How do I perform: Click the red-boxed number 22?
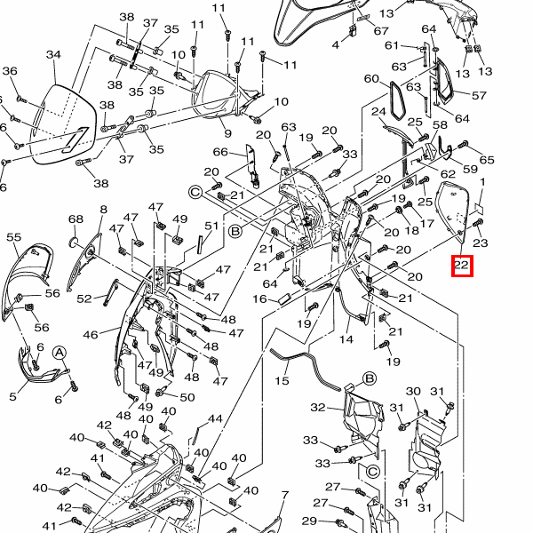pyautogui.click(x=461, y=265)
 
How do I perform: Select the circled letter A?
pyautogui.click(x=60, y=353)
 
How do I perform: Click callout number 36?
pyautogui.click(x=10, y=71)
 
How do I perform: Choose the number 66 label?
pyautogui.click(x=220, y=152)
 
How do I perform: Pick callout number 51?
pyautogui.click(x=211, y=227)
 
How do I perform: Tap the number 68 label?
pyautogui.click(x=76, y=219)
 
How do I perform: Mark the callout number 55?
pyautogui.click(x=13, y=237)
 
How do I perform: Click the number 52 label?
pyautogui.click(x=84, y=298)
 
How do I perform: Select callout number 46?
pyautogui.click(x=91, y=335)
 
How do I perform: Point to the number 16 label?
pyautogui.click(x=259, y=299)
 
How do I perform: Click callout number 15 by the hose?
pyautogui.click(x=282, y=380)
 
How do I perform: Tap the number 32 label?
pyautogui.click(x=319, y=408)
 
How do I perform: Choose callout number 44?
pyautogui.click(x=215, y=418)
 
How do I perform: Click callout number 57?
pyautogui.click(x=479, y=95)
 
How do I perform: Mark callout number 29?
pyautogui.click(x=308, y=521)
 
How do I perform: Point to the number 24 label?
pyautogui.click(x=378, y=112)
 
